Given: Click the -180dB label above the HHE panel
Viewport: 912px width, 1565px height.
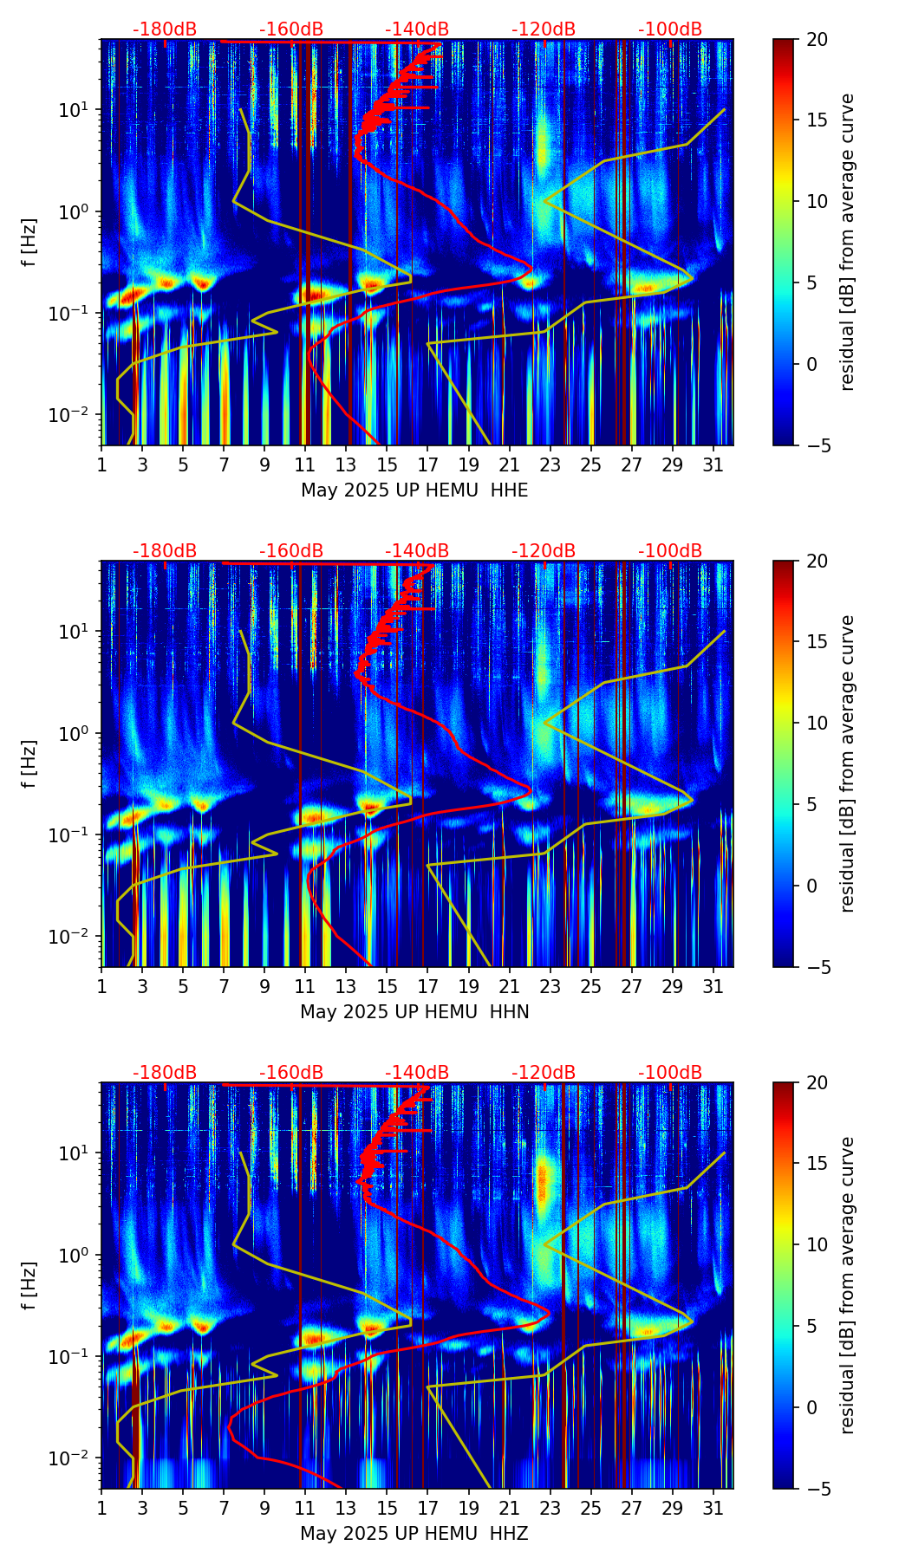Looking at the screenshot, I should pos(165,29).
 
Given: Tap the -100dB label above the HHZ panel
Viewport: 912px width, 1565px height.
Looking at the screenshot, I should pos(670,1073).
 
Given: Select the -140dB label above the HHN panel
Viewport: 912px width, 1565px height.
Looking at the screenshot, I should pos(417,551).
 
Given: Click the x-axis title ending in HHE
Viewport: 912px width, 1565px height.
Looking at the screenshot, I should pos(414,490).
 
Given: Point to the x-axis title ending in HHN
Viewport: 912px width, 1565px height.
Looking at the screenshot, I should pos(414,1012).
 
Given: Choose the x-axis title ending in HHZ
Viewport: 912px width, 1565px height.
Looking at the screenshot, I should pos(414,1534).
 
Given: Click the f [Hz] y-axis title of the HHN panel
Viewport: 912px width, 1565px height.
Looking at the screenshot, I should pos(29,763).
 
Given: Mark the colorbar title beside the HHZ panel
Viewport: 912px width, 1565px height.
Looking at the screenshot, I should pos(847,1285).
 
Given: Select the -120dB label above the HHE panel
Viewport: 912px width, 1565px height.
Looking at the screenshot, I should pos(544,29).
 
